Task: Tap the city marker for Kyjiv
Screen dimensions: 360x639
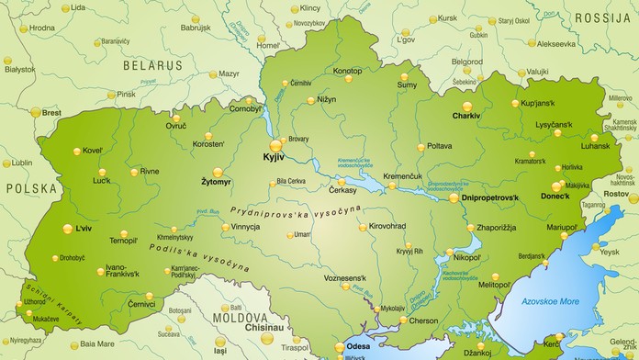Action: click(x=275, y=145)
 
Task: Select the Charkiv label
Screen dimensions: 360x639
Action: click(x=466, y=117)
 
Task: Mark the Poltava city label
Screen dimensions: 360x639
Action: click(x=440, y=146)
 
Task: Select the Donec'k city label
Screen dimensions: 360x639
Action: click(x=555, y=197)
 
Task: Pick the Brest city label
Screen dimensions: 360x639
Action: click(x=51, y=112)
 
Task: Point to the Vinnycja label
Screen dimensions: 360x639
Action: click(x=245, y=226)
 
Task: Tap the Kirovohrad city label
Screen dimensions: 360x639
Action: click(x=387, y=226)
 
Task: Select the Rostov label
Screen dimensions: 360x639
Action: click(x=615, y=194)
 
